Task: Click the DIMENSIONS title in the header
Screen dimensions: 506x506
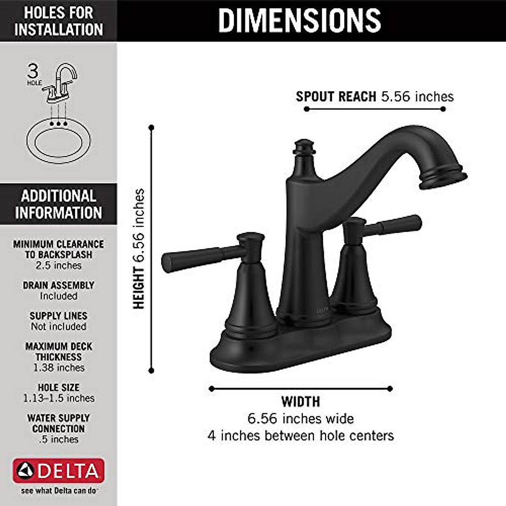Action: [x=299, y=20]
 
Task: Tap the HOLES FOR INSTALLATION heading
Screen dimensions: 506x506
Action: [x=58, y=21]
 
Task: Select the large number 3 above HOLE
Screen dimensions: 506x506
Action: [x=33, y=70]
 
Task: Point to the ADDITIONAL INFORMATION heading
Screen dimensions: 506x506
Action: [x=58, y=204]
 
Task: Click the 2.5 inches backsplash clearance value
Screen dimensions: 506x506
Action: [x=59, y=266]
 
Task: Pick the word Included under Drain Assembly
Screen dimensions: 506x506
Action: [x=59, y=296]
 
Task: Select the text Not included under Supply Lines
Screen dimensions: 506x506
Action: [x=59, y=327]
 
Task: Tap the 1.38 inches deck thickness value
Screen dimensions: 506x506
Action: [x=59, y=368]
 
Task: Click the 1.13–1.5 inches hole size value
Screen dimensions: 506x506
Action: [x=59, y=398]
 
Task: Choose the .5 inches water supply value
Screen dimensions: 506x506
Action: [x=59, y=439]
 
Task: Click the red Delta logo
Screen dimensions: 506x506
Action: [x=59, y=471]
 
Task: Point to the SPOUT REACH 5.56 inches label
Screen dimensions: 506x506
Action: [x=374, y=97]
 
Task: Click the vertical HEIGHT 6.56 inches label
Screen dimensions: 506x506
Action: [x=139, y=249]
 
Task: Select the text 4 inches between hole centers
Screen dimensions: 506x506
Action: [x=301, y=435]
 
